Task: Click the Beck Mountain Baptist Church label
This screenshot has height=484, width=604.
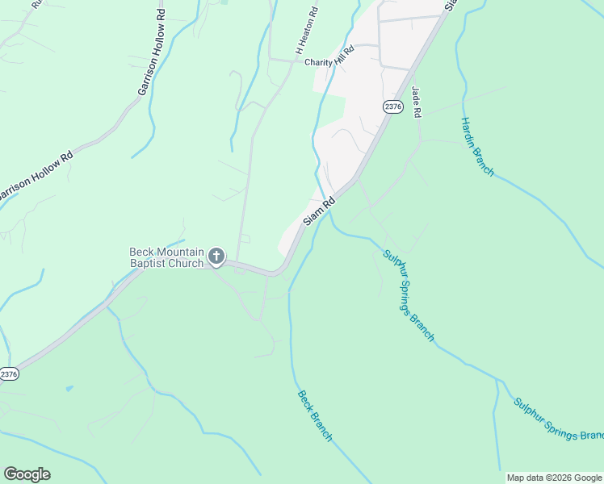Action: pyautogui.click(x=167, y=257)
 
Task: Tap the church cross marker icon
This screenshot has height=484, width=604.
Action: pyautogui.click(x=216, y=257)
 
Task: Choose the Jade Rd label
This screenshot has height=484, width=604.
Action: pyautogui.click(x=417, y=102)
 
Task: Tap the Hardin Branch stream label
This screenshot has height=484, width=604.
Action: pyautogui.click(x=477, y=146)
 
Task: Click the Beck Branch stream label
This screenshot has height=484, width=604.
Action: pyautogui.click(x=315, y=415)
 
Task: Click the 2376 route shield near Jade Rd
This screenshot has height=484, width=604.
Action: pyautogui.click(x=392, y=106)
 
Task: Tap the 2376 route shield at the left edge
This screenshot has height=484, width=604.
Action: pyautogui.click(x=8, y=373)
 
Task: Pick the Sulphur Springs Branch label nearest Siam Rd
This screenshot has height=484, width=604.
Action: pyautogui.click(x=409, y=294)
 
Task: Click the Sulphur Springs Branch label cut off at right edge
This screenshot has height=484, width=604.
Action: pyautogui.click(x=558, y=419)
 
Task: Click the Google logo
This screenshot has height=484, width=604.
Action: pyautogui.click(x=27, y=474)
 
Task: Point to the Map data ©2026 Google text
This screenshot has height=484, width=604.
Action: pyautogui.click(x=555, y=478)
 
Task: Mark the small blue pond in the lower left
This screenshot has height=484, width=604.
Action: pyautogui.click(x=69, y=389)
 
